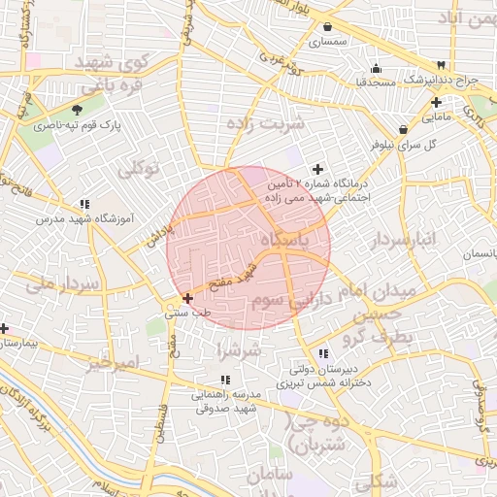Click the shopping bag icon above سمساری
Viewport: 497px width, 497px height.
coord(328,26)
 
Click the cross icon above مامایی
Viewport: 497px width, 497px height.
coord(436,102)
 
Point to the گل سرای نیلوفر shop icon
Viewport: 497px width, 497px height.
coord(403,129)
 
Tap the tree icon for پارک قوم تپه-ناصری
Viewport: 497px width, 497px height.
coord(78,111)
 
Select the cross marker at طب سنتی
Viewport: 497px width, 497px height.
coord(187,298)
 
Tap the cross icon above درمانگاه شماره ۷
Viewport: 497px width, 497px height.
coord(317,169)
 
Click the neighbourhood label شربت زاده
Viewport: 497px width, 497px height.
coord(264,123)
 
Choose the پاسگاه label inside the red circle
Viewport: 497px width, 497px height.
coord(291,240)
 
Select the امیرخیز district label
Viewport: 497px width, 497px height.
coord(113,363)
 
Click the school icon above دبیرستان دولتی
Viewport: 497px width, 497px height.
coord(322,353)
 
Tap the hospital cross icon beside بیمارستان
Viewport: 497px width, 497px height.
coord(4,328)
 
